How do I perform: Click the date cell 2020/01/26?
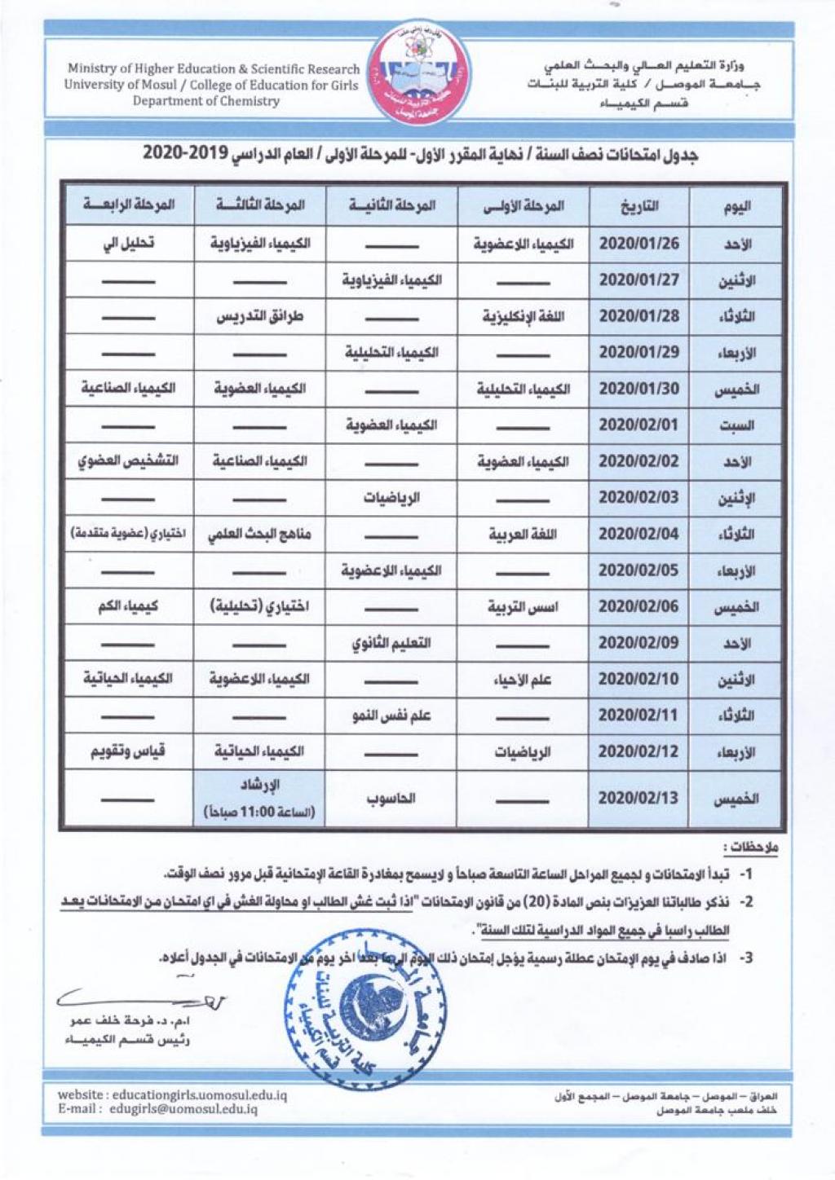(638, 244)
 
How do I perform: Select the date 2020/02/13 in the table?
(638, 798)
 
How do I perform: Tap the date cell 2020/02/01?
(638, 425)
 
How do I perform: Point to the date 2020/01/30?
(638, 389)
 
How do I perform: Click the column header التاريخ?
(638, 206)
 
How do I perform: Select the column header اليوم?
(736, 206)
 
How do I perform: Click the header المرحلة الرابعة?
(128, 205)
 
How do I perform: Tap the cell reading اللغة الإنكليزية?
(524, 316)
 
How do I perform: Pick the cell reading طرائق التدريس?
(259, 316)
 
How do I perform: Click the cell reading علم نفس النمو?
(391, 715)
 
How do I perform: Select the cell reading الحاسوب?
(391, 798)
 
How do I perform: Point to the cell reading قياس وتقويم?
(128, 751)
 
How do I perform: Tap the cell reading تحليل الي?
(128, 244)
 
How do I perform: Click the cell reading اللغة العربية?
(524, 535)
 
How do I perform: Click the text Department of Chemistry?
(206, 101)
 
